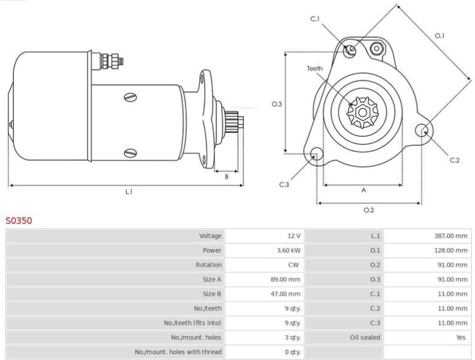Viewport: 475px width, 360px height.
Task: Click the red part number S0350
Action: pos(19,221)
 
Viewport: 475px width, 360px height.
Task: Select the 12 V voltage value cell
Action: pos(293,236)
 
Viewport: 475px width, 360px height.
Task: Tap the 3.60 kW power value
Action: pos(289,250)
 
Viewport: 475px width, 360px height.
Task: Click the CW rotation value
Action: pos(294,265)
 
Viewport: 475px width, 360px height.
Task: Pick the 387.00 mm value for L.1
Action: pos(450,236)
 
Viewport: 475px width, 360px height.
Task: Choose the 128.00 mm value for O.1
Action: pos(450,250)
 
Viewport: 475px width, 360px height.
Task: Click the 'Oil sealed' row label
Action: pos(365,337)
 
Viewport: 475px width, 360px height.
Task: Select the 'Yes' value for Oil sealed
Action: pos(461,337)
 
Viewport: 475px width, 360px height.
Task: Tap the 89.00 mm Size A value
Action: pos(285,279)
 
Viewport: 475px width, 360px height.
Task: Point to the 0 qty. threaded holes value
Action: pos(293,352)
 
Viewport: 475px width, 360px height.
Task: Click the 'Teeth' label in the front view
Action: pos(315,68)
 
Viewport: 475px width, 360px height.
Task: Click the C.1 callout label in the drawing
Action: pos(315,20)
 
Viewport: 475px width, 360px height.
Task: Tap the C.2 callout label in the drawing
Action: pos(455,160)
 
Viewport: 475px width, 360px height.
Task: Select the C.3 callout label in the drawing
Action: pos(284,184)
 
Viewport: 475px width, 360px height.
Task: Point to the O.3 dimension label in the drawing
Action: pos(276,104)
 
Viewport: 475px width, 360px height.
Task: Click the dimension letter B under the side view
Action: pos(226,176)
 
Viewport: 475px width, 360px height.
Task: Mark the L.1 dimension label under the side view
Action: pos(128,192)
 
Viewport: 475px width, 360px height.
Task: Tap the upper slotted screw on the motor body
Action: pos(130,97)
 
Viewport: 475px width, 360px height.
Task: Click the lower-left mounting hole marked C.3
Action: pos(314,156)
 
